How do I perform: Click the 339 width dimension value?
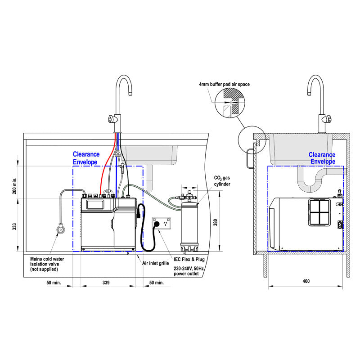(x=106, y=283)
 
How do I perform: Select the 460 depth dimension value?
(x=306, y=281)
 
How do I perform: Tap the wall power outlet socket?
(x=163, y=224)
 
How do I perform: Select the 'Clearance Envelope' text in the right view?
(x=322, y=158)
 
